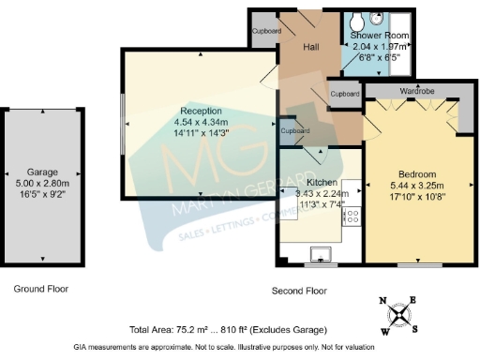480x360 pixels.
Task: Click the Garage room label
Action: pyautogui.click(x=43, y=172)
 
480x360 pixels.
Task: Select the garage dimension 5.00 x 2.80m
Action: pyautogui.click(x=43, y=184)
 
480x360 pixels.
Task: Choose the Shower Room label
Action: pyautogui.click(x=380, y=35)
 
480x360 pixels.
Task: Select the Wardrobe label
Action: pyautogui.click(x=413, y=93)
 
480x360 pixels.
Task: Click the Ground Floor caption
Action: pyautogui.click(x=40, y=289)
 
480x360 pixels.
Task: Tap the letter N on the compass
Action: pyautogui.click(x=382, y=301)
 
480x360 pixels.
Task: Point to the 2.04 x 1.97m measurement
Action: pyautogui.click(x=380, y=45)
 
